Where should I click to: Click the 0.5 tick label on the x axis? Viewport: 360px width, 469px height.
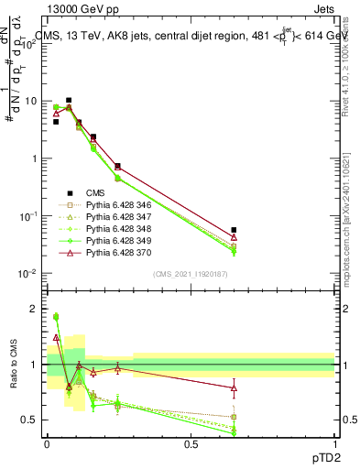[191, 444]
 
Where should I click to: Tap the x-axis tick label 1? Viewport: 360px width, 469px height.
[334, 444]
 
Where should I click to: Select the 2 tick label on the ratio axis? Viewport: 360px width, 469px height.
[35, 309]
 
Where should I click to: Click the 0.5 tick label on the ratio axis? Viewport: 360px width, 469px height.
[30, 420]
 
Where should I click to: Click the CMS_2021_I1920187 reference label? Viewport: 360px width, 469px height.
[191, 274]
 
